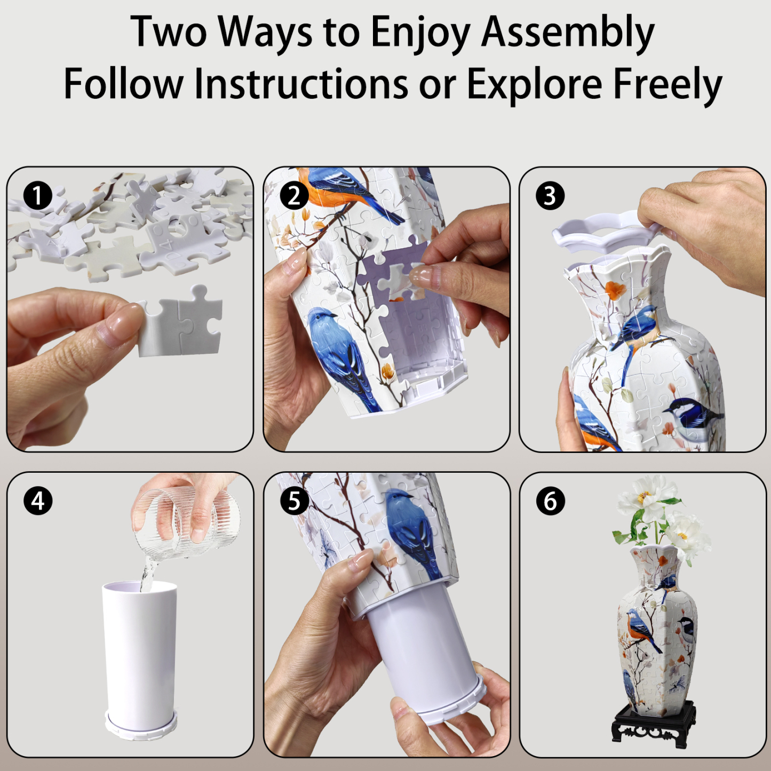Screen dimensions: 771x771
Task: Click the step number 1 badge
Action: tap(37, 196)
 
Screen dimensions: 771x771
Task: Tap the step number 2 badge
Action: tap(294, 196)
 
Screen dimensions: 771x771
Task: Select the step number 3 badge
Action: tap(550, 196)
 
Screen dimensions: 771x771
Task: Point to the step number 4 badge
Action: tap(37, 501)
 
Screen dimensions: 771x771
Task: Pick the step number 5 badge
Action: tap(294, 501)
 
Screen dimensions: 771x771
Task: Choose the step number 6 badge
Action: tap(550, 501)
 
